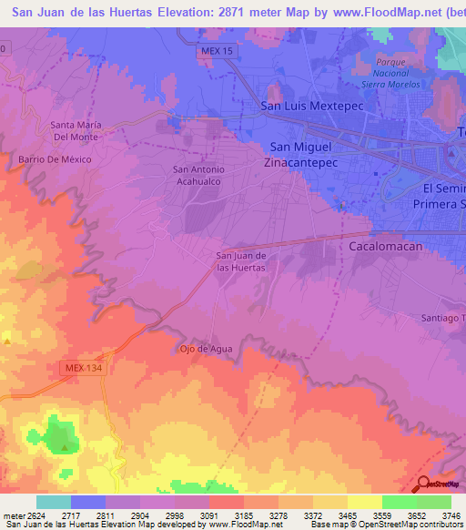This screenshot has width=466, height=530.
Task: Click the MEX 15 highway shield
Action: pos(216,52)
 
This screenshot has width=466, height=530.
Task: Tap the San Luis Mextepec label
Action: pos(307,105)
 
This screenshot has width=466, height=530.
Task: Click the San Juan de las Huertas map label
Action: pos(241,261)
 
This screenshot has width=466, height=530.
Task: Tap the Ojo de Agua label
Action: pos(206,349)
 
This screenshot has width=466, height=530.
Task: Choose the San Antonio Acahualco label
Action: pos(198,175)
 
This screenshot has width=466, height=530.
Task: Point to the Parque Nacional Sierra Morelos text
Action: pos(390,73)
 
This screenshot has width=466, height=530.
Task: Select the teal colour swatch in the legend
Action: pos(54,502)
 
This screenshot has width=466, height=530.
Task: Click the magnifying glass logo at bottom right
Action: pos(424,485)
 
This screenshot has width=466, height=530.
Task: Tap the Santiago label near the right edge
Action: pos(442,318)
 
